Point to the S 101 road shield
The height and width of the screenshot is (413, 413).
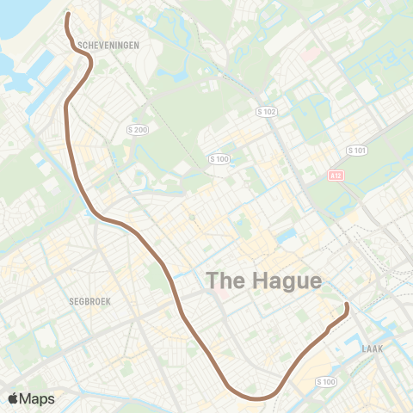[x=356, y=150]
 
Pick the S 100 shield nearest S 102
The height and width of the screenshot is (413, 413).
[x=219, y=159]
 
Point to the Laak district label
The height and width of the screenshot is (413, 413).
[x=373, y=349]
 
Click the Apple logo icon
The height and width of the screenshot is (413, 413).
[x=15, y=398]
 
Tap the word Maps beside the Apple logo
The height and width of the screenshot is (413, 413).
[x=39, y=398]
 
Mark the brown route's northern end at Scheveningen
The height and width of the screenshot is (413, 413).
[x=67, y=15]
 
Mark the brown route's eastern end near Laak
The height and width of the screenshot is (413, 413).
[x=347, y=305]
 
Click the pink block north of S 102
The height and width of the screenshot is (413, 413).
[x=307, y=54]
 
